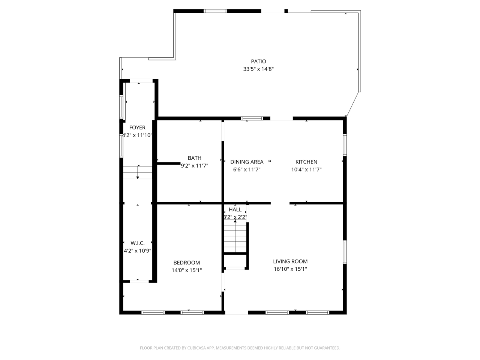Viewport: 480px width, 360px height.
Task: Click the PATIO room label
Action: tap(258, 61)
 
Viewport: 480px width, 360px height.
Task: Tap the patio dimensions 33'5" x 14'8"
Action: tap(258, 69)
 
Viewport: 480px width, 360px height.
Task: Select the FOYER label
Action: tap(137, 128)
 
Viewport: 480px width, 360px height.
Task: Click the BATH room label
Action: tap(195, 158)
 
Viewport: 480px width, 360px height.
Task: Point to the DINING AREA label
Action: tap(247, 162)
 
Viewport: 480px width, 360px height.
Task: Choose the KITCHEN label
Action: tap(306, 162)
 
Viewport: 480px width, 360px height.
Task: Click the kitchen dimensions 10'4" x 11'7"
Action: tap(306, 169)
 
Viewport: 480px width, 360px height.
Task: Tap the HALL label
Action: tap(235, 210)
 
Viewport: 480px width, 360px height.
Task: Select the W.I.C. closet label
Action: tap(138, 243)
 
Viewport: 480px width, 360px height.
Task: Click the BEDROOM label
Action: tap(186, 263)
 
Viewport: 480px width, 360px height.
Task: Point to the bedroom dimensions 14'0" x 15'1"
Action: tap(186, 270)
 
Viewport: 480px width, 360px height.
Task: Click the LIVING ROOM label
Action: tap(290, 262)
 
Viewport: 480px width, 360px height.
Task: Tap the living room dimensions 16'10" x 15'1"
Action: tap(290, 269)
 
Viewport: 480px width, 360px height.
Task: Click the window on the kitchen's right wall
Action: tap(345, 145)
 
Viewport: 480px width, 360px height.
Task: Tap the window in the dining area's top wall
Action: tap(252, 118)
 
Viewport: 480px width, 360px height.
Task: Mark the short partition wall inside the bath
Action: tap(169, 163)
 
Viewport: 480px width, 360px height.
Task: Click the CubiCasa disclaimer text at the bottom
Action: tap(240, 348)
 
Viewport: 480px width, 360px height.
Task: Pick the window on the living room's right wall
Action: tap(345, 252)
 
